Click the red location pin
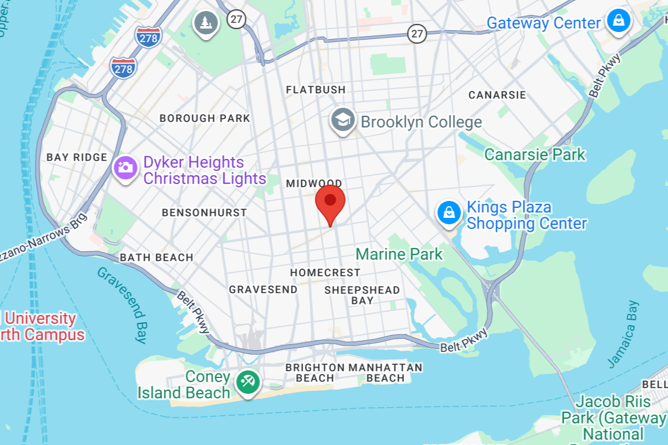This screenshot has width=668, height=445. [331, 202]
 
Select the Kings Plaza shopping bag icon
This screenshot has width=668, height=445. [449, 213]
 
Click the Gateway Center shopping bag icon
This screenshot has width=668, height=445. [618, 20]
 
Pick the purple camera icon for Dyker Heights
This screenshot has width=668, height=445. [125, 168]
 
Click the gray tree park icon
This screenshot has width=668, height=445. [206, 23]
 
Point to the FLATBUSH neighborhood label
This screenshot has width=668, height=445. [315, 90]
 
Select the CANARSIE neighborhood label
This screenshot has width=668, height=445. [497, 94]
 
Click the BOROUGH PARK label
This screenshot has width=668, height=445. [205, 118]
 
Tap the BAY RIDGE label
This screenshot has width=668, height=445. [77, 157]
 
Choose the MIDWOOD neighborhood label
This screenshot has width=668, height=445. [314, 183]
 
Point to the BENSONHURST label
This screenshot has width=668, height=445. [204, 213]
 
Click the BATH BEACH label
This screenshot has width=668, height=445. [156, 257]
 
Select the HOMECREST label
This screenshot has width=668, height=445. [325, 273]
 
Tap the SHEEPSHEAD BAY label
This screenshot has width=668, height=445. [362, 295]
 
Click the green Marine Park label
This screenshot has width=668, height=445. [399, 254]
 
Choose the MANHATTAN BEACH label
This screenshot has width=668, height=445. [385, 373]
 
